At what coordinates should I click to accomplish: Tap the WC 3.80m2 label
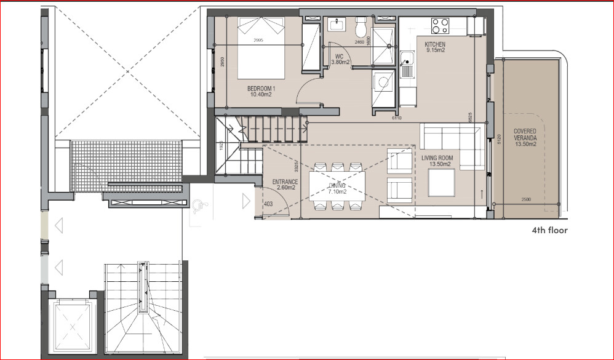[340, 59]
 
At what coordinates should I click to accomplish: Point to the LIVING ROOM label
[437, 161]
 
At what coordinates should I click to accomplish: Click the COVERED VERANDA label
[525, 138]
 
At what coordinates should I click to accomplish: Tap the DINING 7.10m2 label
[337, 188]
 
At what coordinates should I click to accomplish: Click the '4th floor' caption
[549, 231]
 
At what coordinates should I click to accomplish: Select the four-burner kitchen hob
[440, 25]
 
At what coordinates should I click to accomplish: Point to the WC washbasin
[337, 25]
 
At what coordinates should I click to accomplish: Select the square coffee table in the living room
[441, 182]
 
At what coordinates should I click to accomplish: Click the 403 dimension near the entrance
[268, 204]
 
